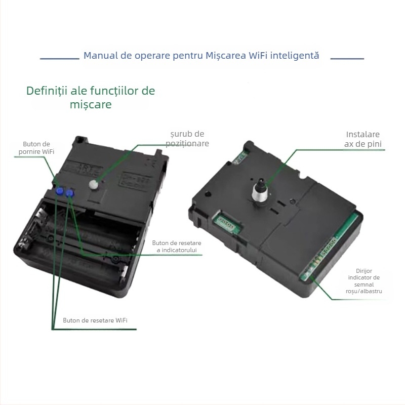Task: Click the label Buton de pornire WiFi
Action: coord(36,148)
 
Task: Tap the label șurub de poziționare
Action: coord(187,139)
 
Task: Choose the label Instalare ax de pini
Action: coord(363,139)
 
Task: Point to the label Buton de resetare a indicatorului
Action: coord(177,247)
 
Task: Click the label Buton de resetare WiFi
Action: coord(95,320)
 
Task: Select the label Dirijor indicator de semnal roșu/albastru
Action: coord(364,281)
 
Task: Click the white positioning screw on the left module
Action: coord(94,184)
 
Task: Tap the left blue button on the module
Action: coord(60,191)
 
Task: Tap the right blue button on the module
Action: coord(70,193)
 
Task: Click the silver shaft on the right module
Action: coord(260,193)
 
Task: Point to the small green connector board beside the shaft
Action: coord(226,223)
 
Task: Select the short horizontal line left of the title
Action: coord(60,59)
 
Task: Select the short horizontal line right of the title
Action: coord(347,59)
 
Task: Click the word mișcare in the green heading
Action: coord(91,105)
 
